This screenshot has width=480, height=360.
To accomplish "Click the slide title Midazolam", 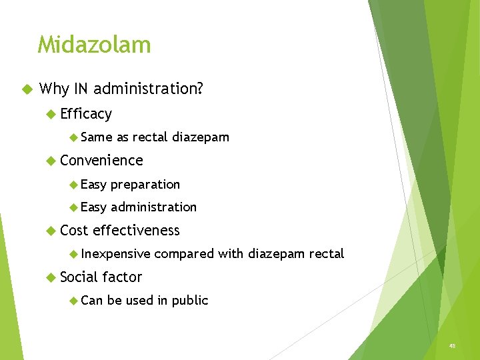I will [94, 45].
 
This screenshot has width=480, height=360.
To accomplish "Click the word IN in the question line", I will [81, 89].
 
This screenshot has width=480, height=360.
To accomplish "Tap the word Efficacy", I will [86, 114].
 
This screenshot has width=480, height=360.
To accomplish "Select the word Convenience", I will [101, 161].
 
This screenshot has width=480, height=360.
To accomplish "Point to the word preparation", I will [145, 185].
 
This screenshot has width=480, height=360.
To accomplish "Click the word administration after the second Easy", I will [153, 207].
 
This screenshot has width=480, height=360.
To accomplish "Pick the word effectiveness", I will [136, 231].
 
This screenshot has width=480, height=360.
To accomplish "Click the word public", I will [190, 301].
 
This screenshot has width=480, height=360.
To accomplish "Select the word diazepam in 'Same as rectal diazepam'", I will [201, 137].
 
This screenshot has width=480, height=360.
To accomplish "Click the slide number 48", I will [452, 346].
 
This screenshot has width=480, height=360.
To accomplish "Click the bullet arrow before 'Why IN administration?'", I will [27, 89].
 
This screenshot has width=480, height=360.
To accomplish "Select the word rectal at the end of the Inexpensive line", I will [327, 254].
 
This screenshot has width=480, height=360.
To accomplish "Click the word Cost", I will [74, 231].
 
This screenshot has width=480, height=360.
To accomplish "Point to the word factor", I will [122, 277].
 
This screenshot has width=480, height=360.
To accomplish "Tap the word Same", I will [97, 137].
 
